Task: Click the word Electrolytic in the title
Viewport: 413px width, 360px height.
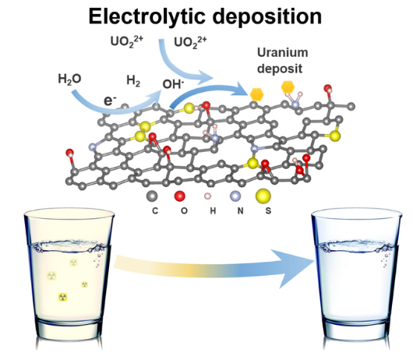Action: point(146,16)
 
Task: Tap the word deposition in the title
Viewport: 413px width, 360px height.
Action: point(267,17)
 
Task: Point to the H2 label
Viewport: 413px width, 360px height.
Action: point(133,80)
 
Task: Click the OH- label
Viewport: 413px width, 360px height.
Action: point(173,84)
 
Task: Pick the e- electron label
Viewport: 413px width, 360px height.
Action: point(110,101)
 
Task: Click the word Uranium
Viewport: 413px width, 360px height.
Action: point(282,53)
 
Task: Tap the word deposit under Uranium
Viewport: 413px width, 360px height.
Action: point(280,69)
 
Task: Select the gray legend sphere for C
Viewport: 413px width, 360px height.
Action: point(152,196)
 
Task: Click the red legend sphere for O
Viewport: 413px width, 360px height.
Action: point(180,196)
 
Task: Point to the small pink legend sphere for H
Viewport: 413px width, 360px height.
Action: point(208,196)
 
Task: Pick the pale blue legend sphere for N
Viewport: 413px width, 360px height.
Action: point(235,196)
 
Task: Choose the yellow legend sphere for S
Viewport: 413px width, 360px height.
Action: point(263,196)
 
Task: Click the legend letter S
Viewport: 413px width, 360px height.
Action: point(268,211)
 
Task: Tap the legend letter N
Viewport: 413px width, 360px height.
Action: point(240,211)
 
